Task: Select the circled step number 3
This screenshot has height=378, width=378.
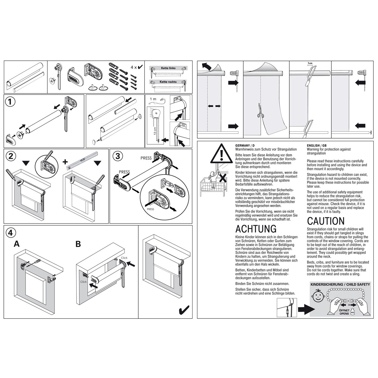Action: point(117,156)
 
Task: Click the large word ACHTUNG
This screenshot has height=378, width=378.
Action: point(256,228)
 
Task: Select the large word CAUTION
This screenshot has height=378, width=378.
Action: point(326,221)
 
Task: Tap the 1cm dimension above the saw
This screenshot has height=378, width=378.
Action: point(310,63)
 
